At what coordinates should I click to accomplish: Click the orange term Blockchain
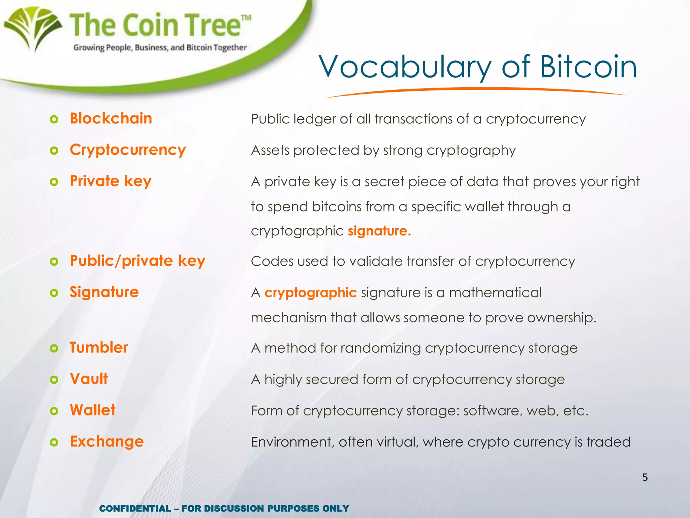click(x=111, y=118)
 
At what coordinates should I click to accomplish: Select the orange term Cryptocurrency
click(x=128, y=150)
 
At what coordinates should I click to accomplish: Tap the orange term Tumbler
click(x=99, y=347)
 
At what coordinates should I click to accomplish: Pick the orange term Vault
click(x=89, y=379)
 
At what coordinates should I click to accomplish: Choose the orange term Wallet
click(x=93, y=410)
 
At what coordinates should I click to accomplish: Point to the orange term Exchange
click(x=107, y=441)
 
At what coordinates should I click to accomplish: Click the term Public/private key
click(x=137, y=261)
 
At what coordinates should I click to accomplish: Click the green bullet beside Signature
click(x=54, y=293)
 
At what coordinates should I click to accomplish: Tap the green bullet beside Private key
click(x=54, y=182)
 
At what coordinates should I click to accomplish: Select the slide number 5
click(x=645, y=477)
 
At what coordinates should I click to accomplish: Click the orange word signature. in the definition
click(x=379, y=231)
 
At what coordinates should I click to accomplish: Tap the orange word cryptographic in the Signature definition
click(x=310, y=293)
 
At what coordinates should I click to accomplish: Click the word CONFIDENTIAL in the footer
click(x=135, y=508)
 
